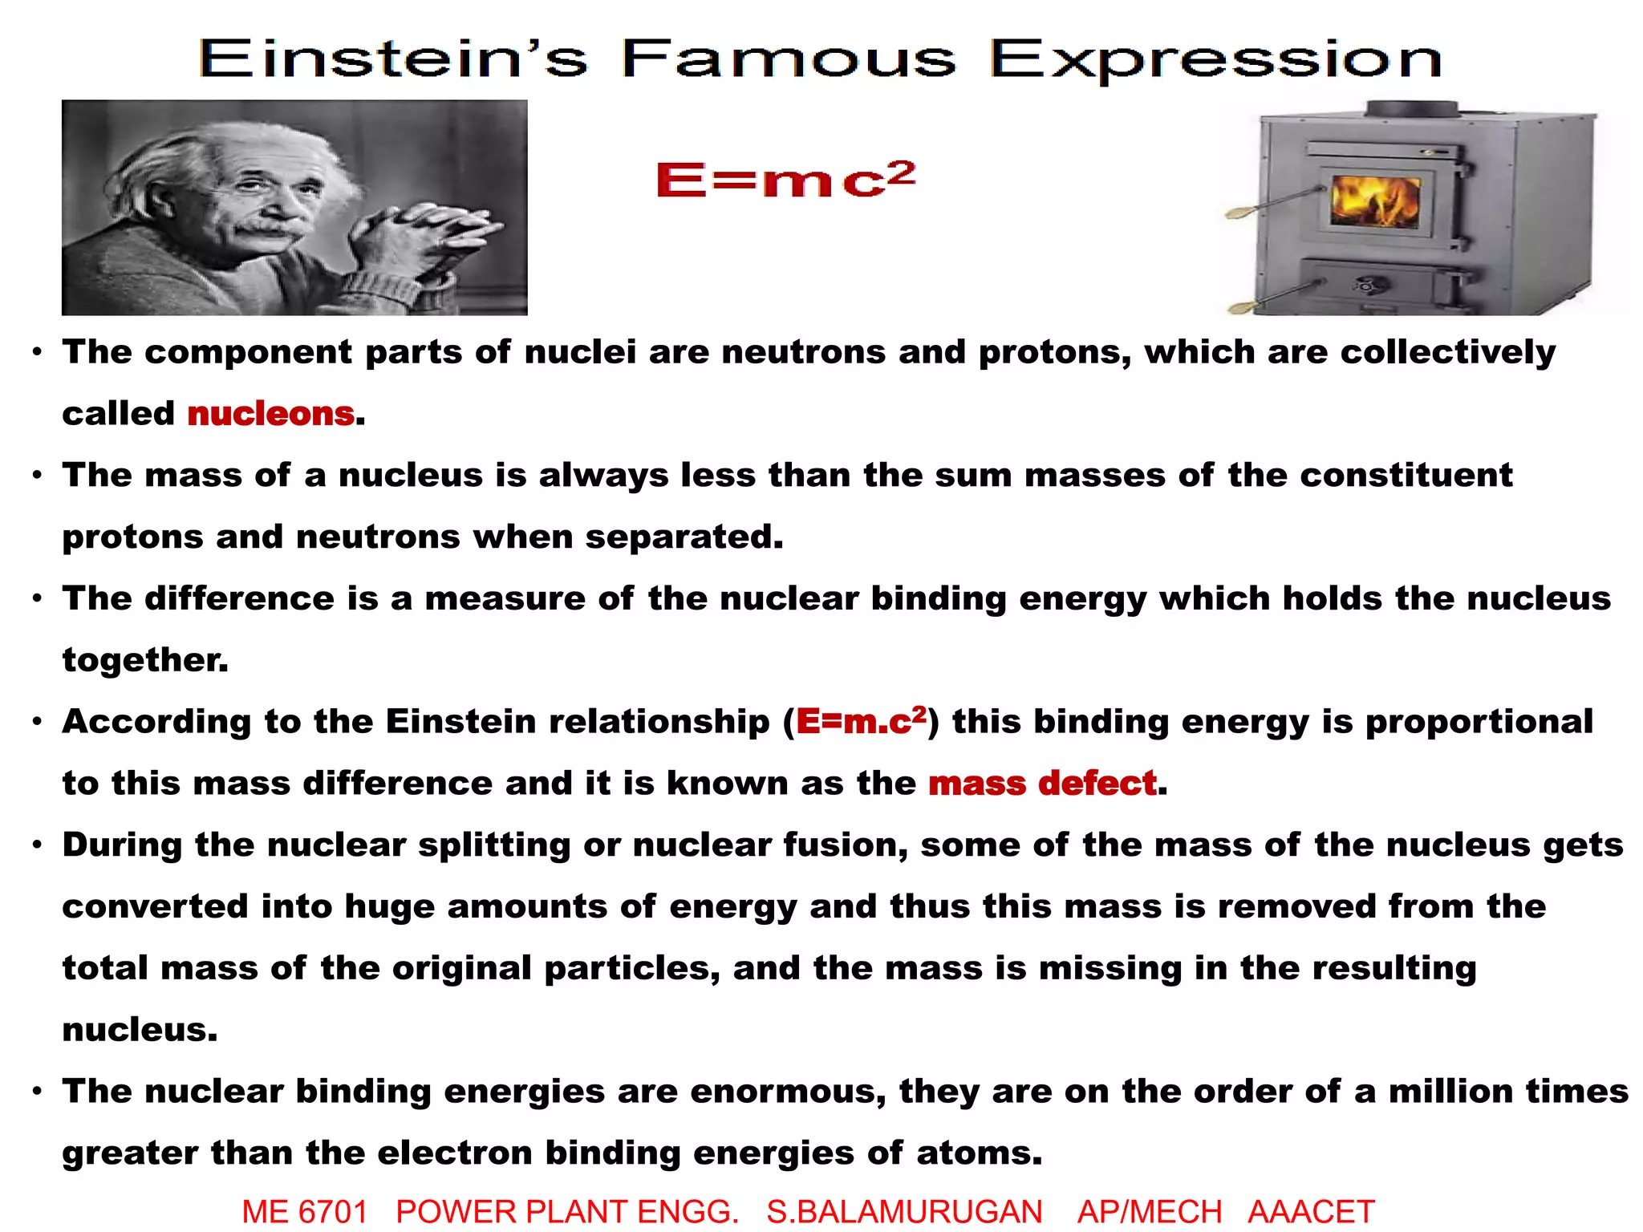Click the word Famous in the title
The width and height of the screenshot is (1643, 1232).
pyautogui.click(x=788, y=59)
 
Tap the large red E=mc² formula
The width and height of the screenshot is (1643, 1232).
pyautogui.click(x=785, y=179)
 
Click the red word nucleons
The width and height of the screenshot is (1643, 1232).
pyautogui.click(x=271, y=414)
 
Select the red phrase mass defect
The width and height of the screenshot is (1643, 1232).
pyautogui.click(x=1042, y=783)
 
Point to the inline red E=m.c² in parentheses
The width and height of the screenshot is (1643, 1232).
pyautogui.click(x=861, y=721)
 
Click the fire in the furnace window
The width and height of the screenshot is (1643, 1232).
pyautogui.click(x=1375, y=200)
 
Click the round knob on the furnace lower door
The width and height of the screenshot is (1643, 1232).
pyautogui.click(x=1365, y=285)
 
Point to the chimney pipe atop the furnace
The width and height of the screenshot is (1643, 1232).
pyautogui.click(x=1412, y=109)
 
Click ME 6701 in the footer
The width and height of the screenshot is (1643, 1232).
pyautogui.click(x=305, y=1211)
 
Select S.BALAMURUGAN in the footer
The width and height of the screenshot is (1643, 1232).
pyautogui.click(x=904, y=1211)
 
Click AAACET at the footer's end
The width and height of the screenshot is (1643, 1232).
pyautogui.click(x=1311, y=1211)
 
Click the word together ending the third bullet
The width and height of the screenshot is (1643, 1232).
pyautogui.click(x=144, y=660)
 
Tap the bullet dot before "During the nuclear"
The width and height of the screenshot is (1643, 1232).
pyautogui.click(x=37, y=845)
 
